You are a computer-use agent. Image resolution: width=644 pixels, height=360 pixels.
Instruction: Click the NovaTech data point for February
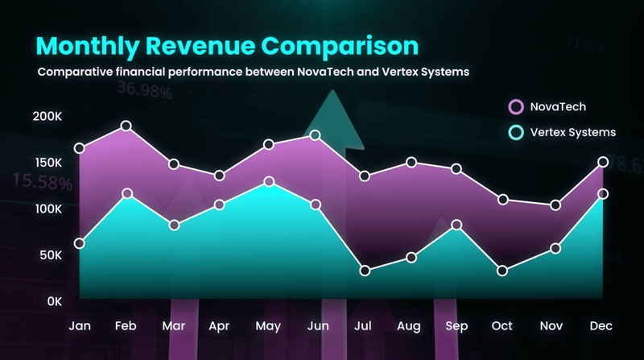[x=126, y=126]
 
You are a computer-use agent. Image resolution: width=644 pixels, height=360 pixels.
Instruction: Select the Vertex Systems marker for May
[x=269, y=182]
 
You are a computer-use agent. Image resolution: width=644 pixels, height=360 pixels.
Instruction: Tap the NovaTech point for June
[x=315, y=135]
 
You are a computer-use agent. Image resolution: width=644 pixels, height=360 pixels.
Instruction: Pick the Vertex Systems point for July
[x=365, y=271]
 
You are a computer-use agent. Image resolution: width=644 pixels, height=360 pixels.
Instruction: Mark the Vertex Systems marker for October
[x=502, y=271]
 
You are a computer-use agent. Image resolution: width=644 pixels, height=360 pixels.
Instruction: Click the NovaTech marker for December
[x=603, y=162]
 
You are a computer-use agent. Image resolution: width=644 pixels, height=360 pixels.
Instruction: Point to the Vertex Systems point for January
[x=79, y=244]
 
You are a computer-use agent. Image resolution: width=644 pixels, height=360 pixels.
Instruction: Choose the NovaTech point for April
[x=219, y=176]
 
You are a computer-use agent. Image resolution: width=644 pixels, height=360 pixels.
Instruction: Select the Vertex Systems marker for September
[x=456, y=225]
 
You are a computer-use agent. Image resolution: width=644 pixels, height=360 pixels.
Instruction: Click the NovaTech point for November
[x=555, y=205]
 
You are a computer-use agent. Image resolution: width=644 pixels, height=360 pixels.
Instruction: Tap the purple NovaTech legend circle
[x=516, y=107]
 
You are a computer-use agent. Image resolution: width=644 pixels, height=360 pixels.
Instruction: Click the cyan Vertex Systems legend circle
[x=516, y=132]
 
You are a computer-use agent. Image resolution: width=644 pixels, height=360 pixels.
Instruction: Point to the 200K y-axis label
[x=47, y=116]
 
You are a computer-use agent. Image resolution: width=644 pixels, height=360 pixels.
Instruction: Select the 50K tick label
[x=51, y=255]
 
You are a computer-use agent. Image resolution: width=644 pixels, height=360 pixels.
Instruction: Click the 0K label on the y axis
[x=55, y=302]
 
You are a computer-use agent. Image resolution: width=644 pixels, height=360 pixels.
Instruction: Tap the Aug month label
[x=409, y=327]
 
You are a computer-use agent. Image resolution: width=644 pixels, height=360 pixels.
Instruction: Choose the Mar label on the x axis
[x=173, y=326]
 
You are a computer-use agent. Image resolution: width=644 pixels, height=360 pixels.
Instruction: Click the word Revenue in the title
[x=200, y=46]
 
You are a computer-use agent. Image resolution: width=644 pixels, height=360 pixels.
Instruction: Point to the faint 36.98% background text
[x=145, y=89]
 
